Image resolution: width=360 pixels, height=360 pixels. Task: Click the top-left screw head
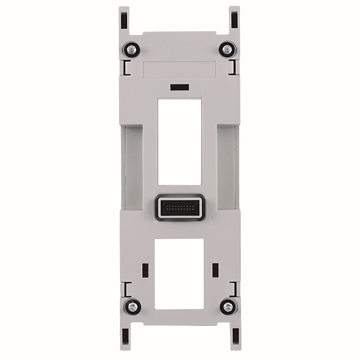pos(131,50)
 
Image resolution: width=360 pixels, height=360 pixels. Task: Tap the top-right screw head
pos(227,49)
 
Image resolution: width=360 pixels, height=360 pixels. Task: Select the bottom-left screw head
pos(132,306)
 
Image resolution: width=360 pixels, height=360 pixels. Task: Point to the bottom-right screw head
pos(228,306)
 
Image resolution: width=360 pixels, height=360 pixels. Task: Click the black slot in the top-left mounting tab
pos(124,20)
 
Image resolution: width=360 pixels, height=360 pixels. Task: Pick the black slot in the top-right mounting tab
pos(234,20)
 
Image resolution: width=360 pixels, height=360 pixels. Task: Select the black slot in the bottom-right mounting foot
pos(235,338)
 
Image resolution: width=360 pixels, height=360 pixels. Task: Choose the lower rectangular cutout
pos(179,273)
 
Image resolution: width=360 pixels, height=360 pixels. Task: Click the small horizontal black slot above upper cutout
pos(179,86)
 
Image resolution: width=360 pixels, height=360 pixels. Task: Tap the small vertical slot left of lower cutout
pos(145,270)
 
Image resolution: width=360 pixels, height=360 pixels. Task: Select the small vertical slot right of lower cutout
pos(215,270)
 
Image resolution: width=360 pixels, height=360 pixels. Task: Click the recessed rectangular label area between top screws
pos(179,69)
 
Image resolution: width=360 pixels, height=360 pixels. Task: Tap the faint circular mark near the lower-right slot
pos(231,270)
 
